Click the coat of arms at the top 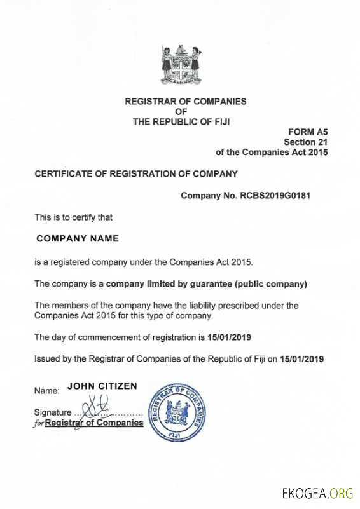coord(181,66)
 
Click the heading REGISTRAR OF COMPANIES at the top coord(185,101)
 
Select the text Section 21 coord(305,142)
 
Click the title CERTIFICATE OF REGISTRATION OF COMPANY coord(136,173)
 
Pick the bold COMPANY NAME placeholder coord(78,239)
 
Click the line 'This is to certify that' coord(73,217)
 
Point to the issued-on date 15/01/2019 coord(302,359)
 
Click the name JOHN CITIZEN coord(102,386)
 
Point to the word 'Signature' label coord(53,412)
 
